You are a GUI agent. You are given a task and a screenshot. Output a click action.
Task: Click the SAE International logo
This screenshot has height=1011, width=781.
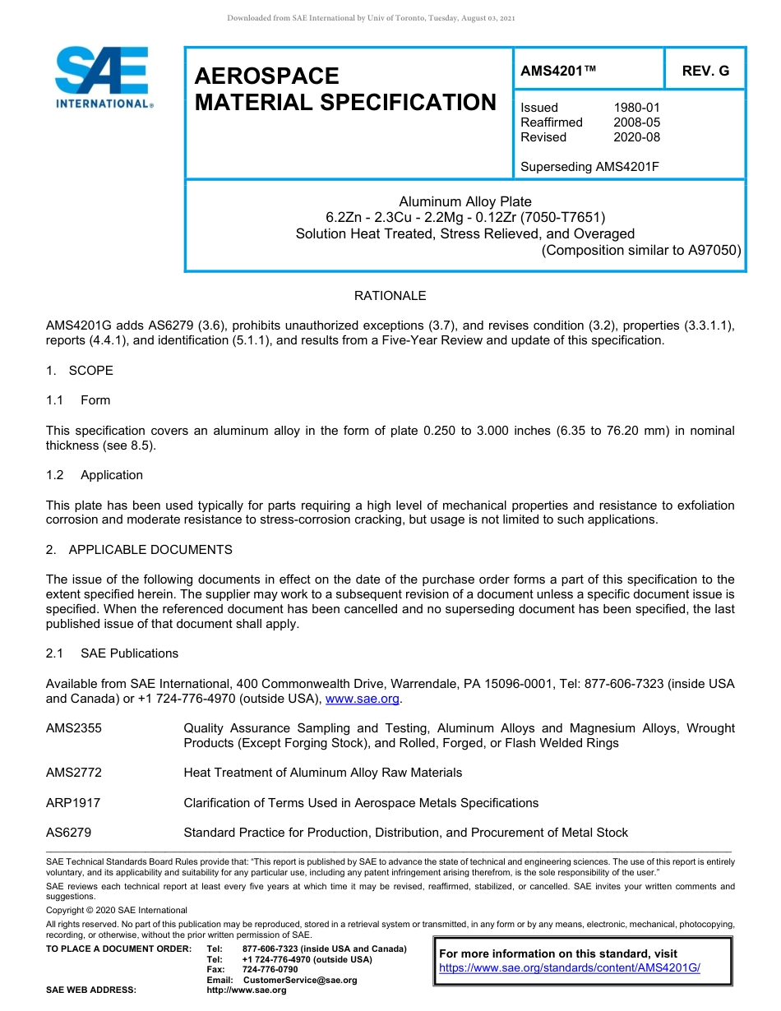pyautogui.click(x=103, y=77)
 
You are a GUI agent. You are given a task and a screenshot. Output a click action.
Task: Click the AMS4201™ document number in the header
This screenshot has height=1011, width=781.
pyautogui.click(x=557, y=71)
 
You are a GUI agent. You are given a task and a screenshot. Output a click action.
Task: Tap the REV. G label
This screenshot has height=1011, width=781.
pyautogui.click(x=705, y=71)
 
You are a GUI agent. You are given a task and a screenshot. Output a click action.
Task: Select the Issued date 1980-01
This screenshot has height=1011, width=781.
pyautogui.click(x=636, y=108)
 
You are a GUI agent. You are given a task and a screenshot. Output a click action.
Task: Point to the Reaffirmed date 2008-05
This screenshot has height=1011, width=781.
pyautogui.click(x=636, y=122)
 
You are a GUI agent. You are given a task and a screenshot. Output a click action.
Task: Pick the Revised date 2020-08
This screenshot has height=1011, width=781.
pyautogui.click(x=636, y=137)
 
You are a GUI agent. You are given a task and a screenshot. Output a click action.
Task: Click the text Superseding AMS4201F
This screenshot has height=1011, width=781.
pyautogui.click(x=590, y=167)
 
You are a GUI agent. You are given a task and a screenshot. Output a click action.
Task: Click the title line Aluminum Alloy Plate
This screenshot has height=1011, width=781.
pyautogui.click(x=465, y=201)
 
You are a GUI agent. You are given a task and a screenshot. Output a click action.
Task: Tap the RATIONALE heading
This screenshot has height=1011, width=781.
pyautogui.click(x=390, y=296)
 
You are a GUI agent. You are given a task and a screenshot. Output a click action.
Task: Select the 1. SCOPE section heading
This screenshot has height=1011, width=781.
pyautogui.click(x=80, y=371)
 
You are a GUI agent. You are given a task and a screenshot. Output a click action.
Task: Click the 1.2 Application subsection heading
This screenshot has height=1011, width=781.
pyautogui.click(x=95, y=475)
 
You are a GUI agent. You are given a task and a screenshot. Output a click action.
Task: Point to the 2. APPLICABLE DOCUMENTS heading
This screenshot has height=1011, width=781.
pyautogui.click(x=139, y=550)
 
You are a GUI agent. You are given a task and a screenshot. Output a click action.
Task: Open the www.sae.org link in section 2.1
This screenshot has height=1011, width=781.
pyautogui.click(x=363, y=699)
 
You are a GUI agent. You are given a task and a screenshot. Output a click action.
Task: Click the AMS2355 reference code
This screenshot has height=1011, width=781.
pyautogui.click(x=74, y=728)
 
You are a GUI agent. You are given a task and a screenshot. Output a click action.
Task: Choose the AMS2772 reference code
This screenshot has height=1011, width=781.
pyautogui.click(x=74, y=773)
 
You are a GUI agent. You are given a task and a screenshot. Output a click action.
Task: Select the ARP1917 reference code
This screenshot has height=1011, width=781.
pyautogui.click(x=73, y=803)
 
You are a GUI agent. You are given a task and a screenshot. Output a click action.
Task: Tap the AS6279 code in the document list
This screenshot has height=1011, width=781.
pyautogui.click(x=69, y=833)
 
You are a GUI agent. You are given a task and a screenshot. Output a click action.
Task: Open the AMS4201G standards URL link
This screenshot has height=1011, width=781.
pyautogui.click(x=569, y=968)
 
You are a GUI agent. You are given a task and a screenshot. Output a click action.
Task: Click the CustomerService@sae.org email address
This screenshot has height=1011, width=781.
pyautogui.click(x=300, y=980)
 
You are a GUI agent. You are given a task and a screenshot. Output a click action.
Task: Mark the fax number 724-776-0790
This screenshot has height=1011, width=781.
pyautogui.click(x=270, y=970)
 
